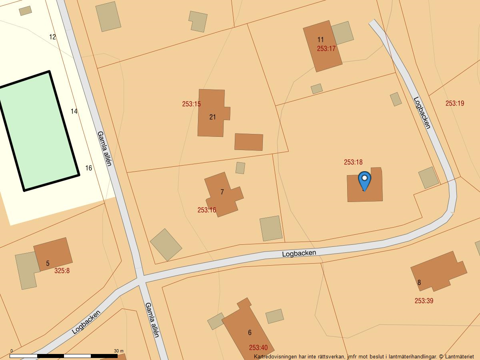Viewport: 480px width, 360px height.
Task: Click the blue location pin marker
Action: (364, 180)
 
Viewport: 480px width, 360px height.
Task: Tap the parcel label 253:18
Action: (353, 162)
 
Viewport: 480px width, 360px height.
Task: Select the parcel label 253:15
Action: (191, 104)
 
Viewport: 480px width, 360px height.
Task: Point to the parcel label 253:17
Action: (326, 48)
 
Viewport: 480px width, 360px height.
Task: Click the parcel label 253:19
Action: (455, 103)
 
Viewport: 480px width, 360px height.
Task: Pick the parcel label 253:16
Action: (206, 210)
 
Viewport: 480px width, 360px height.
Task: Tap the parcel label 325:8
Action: (62, 270)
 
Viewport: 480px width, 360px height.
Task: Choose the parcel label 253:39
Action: (424, 301)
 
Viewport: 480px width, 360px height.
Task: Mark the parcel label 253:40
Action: (258, 348)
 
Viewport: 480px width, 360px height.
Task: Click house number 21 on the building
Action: (212, 117)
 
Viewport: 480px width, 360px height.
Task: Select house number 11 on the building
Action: (320, 39)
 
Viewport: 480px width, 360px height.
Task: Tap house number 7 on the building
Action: (222, 192)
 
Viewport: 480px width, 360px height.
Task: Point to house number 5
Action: (48, 263)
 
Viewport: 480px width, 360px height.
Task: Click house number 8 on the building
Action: (419, 282)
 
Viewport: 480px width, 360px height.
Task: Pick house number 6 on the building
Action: (250, 332)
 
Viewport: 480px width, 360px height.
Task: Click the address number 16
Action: (88, 168)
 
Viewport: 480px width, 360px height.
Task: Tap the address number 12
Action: (52, 37)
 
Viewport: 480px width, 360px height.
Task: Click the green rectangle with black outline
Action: (39, 130)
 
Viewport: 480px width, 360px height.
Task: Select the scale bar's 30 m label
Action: (118, 351)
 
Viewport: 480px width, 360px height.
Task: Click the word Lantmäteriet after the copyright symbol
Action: (459, 356)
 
